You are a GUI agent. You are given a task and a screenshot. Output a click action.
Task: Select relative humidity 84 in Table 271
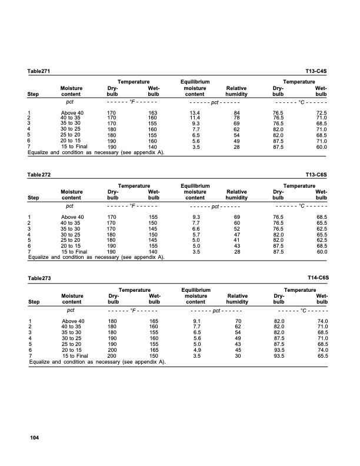[x=238, y=112]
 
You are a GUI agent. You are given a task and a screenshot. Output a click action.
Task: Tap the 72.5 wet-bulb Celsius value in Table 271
[x=321, y=112]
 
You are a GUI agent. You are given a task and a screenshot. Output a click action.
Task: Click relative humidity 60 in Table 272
[x=238, y=222]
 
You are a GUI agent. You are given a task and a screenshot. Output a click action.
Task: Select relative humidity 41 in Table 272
[x=238, y=239]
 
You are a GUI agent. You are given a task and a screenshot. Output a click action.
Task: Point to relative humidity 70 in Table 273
[x=238, y=321]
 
